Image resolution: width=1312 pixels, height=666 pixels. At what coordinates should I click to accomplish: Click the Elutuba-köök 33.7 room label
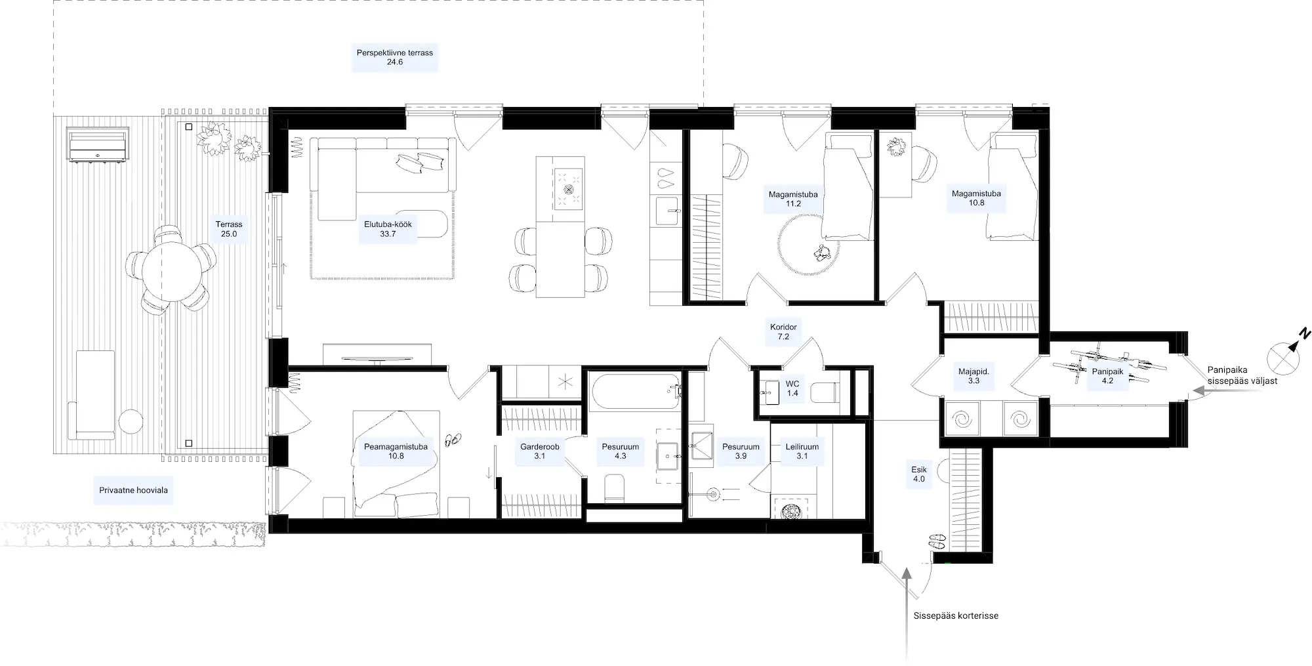[x=388, y=228]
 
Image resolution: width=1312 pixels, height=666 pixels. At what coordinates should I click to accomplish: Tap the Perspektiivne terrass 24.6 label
[x=395, y=57]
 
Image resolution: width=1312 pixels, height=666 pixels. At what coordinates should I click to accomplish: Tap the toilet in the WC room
[x=825, y=392]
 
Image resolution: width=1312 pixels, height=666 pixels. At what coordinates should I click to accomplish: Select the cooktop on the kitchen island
[x=568, y=188]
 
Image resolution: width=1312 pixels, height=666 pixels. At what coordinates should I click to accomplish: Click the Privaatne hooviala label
[x=133, y=490]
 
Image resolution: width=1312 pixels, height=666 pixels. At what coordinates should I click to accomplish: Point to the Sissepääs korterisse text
[x=956, y=615]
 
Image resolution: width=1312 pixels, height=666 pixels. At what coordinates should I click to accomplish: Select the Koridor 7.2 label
[x=783, y=331]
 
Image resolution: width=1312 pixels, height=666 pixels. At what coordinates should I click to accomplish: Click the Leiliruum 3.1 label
[x=802, y=451]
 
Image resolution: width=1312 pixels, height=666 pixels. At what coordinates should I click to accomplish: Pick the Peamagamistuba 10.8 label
[x=396, y=451]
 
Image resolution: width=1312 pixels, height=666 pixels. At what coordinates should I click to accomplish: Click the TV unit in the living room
[x=377, y=354]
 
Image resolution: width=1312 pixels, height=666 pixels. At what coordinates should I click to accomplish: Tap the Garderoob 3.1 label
[x=540, y=451]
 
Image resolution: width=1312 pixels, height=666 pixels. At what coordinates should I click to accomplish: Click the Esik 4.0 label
[x=919, y=474]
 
